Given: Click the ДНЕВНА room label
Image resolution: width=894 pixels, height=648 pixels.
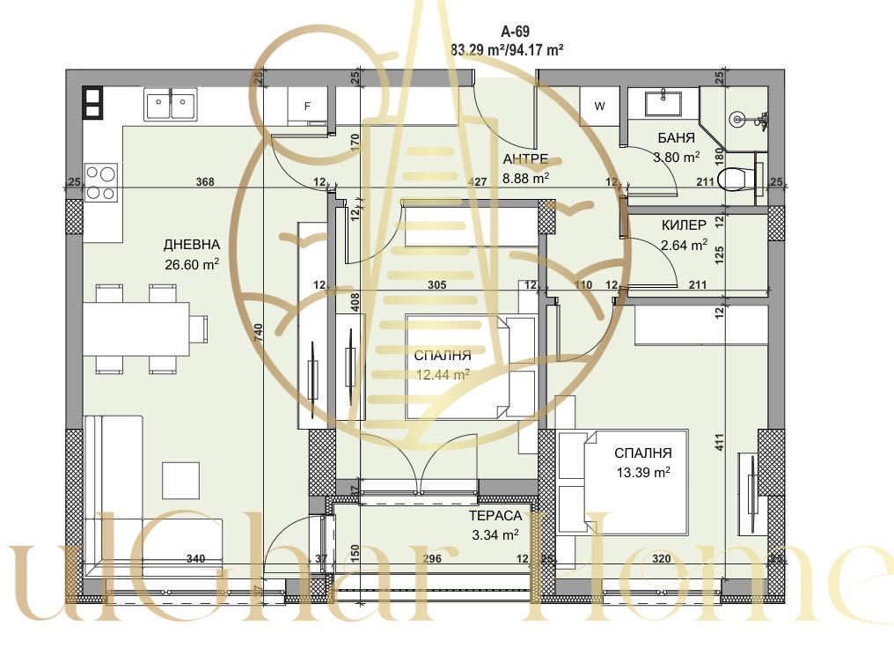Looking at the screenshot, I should (x=191, y=244).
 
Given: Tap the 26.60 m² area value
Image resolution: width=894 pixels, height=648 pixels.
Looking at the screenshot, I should (x=191, y=263).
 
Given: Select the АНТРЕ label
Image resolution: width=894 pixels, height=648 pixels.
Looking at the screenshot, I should (x=525, y=159).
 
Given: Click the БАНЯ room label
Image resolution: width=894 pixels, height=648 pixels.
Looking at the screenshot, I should (x=676, y=138).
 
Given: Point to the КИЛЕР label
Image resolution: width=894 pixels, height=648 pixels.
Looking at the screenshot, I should (x=684, y=225).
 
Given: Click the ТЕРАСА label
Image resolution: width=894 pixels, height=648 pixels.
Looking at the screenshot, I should (x=495, y=516).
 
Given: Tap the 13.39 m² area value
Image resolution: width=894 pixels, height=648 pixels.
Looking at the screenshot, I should (x=643, y=472).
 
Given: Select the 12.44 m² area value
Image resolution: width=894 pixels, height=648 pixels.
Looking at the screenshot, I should (x=443, y=374).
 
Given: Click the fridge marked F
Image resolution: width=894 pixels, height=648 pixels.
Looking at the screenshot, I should (x=307, y=107).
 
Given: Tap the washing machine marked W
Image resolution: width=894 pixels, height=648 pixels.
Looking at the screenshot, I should (x=600, y=107).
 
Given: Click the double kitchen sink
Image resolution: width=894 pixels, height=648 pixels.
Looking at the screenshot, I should (x=170, y=104).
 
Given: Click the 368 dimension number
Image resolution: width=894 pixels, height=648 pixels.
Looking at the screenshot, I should (x=205, y=182).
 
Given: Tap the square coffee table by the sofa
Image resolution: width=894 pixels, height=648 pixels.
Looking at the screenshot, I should (x=180, y=480).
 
